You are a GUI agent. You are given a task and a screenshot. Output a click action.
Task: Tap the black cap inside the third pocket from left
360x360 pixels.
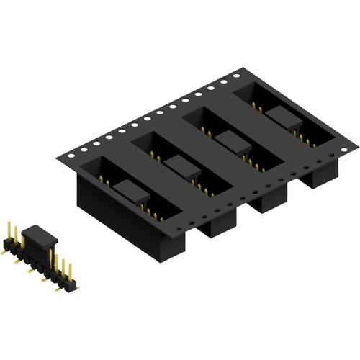click(229, 141)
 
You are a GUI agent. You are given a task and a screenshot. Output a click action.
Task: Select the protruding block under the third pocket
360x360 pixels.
click(270, 202)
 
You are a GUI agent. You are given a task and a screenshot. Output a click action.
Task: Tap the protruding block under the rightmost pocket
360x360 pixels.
click(317, 176)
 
